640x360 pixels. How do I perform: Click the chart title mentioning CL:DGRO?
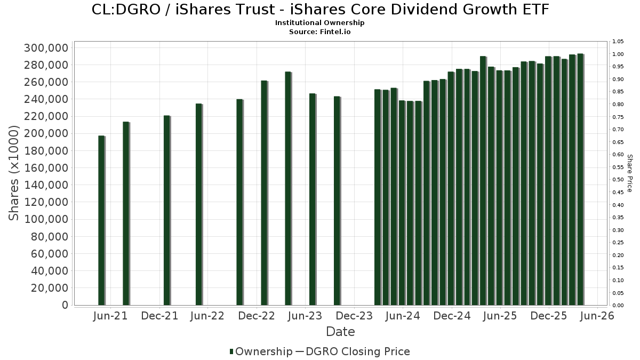pos(320,10)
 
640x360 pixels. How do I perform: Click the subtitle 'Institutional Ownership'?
pos(320,23)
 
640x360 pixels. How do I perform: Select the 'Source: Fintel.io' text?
pos(320,31)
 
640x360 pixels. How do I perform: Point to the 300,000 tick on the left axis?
pos(46,48)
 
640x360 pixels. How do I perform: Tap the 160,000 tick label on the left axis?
pos(46,168)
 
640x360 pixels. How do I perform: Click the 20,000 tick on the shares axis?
pos(50,288)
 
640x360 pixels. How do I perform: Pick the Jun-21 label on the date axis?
pos(110,316)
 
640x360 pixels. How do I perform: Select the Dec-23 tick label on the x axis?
pos(354,316)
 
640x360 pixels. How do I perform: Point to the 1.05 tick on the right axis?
pos(618,42)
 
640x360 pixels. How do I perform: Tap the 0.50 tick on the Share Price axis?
pos(618,180)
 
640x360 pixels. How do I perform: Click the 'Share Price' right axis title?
pos(629,173)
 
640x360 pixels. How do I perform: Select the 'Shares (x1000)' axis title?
pos(14,173)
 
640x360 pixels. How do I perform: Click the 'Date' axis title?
pos(340,332)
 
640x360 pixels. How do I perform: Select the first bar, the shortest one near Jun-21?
pos(101,220)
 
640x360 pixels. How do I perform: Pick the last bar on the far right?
pos(580,179)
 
